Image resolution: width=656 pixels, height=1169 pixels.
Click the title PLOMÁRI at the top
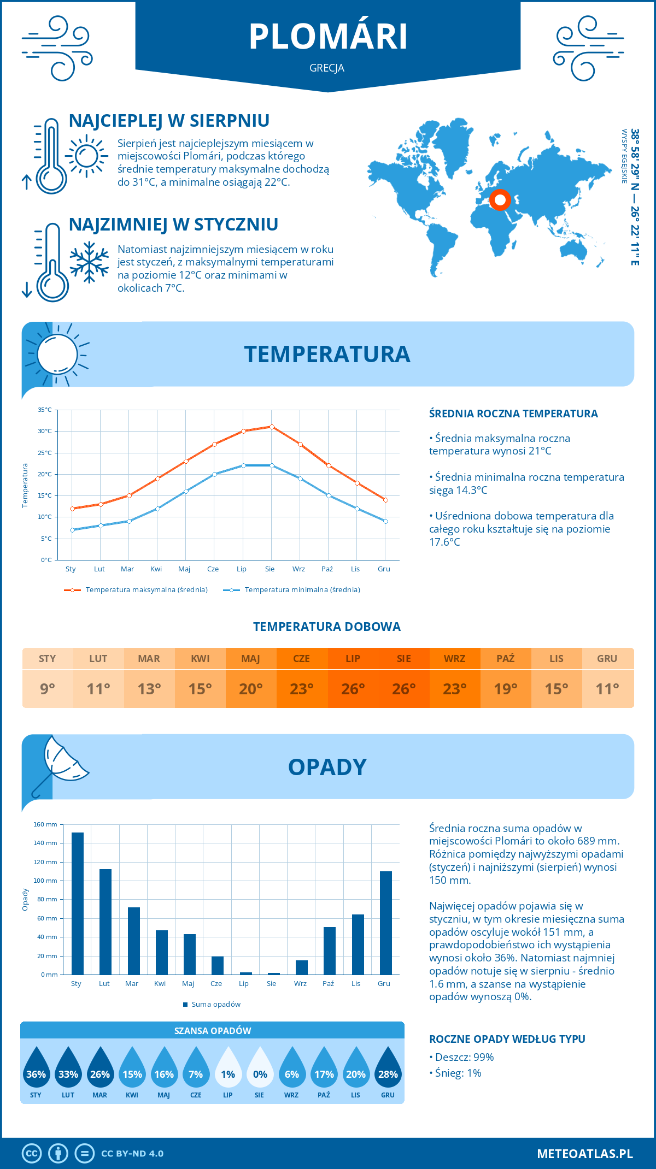coord(328,37)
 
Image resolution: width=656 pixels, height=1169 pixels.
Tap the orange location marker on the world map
coord(500,200)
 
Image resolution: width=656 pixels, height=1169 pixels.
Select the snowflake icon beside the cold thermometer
coord(89,262)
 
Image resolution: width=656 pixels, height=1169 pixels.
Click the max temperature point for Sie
coord(272,427)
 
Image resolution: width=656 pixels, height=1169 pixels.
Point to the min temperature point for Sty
coord(72,530)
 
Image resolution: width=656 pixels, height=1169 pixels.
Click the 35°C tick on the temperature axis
coord(45,410)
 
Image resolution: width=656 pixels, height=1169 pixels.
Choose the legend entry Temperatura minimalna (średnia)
coord(302,590)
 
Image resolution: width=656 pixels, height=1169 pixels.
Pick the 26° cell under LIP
coord(353,689)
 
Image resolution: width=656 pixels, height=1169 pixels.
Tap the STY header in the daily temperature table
coord(48,659)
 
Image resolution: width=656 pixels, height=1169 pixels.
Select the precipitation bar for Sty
coord(78,904)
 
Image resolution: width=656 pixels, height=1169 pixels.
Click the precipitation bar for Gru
coord(386,923)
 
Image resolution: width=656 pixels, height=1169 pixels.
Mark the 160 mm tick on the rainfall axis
coord(46,825)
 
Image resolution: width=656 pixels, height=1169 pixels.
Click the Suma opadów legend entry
coord(215,1005)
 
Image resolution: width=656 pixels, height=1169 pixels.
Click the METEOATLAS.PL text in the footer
coord(584,1154)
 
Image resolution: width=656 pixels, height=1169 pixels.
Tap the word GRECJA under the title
coord(327,68)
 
